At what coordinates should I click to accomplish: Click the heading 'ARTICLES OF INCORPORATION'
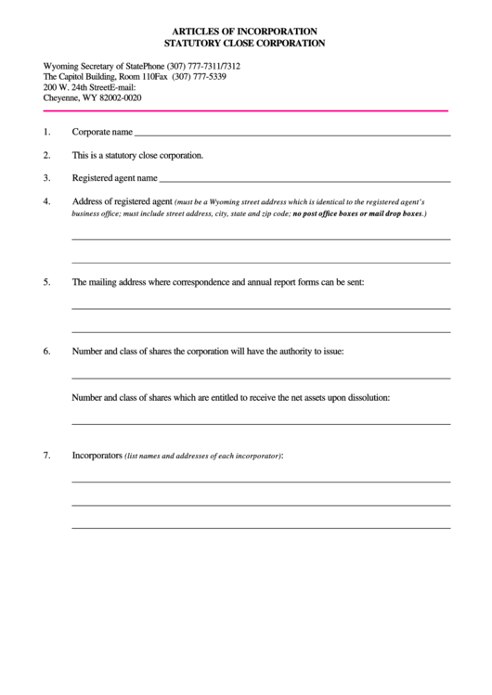pyautogui.click(x=245, y=31)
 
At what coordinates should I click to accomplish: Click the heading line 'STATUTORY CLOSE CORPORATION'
pyautogui.click(x=245, y=43)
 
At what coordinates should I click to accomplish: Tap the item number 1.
pyautogui.click(x=46, y=132)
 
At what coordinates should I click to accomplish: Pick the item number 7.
pyautogui.click(x=46, y=456)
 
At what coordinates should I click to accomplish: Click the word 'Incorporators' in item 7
pyautogui.click(x=97, y=456)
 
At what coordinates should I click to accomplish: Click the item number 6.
pyautogui.click(x=46, y=352)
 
